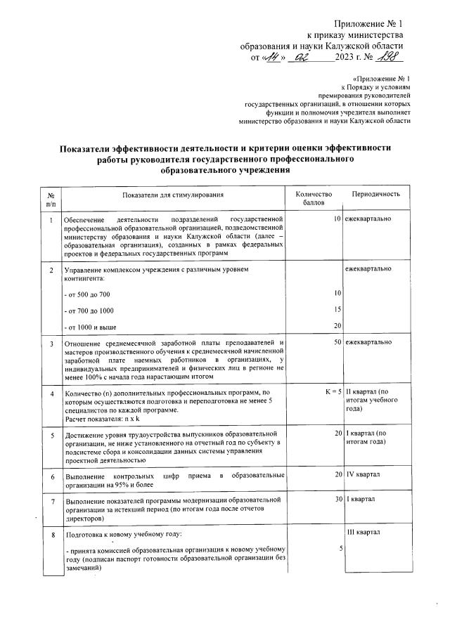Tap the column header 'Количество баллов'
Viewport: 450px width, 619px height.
pos(313,198)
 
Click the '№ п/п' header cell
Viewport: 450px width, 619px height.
pos(51,198)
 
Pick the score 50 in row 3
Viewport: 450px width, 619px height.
pos(337,342)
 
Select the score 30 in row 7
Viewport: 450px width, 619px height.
pos(337,500)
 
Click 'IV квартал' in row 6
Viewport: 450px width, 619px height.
pos(363,475)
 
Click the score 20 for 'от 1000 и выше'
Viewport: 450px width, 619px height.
pos(337,325)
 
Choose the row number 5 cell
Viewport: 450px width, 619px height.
pos(51,436)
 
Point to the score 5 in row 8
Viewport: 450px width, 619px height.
pos(340,549)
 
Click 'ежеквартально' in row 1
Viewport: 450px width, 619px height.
pos(368,220)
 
